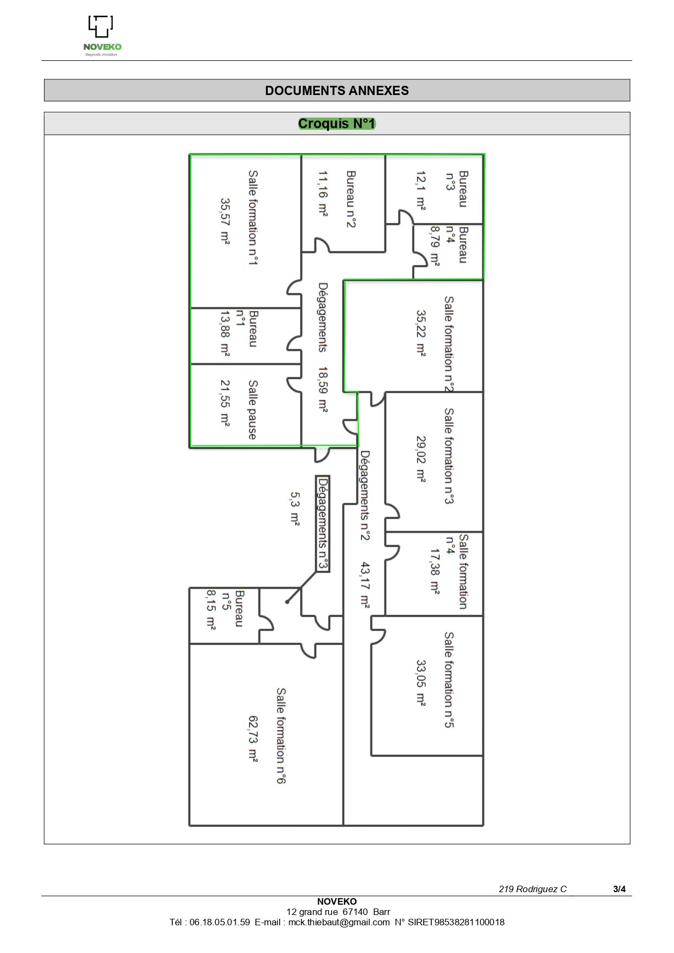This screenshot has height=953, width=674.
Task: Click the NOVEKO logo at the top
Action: [x=102, y=36]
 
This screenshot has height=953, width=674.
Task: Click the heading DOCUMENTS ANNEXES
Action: [x=337, y=91]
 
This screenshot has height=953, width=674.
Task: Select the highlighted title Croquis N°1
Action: [x=337, y=124]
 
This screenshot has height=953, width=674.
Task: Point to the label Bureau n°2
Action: [x=351, y=199]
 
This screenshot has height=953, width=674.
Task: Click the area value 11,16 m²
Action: [x=323, y=194]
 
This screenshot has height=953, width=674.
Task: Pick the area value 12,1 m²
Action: [x=421, y=190]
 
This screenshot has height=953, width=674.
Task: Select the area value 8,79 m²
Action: [x=434, y=246]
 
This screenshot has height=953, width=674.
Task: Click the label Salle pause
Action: [x=253, y=409]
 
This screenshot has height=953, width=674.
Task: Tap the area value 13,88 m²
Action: [x=225, y=333]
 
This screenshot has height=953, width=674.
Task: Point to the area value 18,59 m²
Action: [x=323, y=390]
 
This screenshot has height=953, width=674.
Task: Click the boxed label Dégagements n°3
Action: [x=323, y=523]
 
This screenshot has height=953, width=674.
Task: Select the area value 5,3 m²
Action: [x=294, y=509]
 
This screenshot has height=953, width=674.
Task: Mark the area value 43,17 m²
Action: [x=365, y=585]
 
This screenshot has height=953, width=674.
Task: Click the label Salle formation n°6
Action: [x=281, y=736]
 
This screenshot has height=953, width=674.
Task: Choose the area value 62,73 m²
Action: [x=253, y=739]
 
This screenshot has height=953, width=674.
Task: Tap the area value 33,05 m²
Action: [x=421, y=683]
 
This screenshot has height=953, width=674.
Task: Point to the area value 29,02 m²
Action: [x=421, y=459]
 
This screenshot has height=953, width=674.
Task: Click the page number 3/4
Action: [x=619, y=889]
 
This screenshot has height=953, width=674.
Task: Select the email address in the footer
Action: [x=339, y=922]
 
